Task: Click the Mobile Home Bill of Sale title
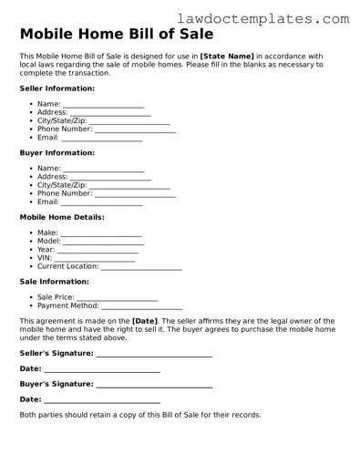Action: tap(117, 35)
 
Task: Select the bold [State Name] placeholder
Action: tap(227, 57)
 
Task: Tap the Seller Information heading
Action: tap(57, 88)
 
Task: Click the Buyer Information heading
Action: tap(57, 153)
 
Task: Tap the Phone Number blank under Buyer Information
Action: tap(135, 194)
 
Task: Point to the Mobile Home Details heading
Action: tap(62, 217)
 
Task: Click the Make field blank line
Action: tap(101, 234)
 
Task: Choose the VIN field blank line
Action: tap(95, 259)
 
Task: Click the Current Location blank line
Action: tap(141, 267)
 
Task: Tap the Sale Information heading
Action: tap(55, 282)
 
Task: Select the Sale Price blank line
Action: tap(118, 298)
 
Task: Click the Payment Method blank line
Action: tap(141, 307)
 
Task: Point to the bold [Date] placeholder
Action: tap(145, 321)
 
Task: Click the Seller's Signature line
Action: tap(154, 354)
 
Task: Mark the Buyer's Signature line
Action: tap(154, 385)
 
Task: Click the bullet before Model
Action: tap(31, 242)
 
